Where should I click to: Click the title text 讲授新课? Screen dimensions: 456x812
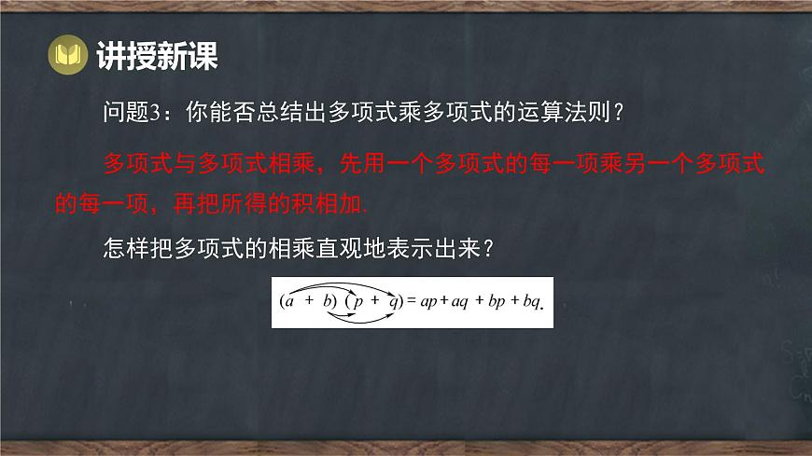click(157, 58)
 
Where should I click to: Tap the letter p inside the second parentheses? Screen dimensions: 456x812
click(358, 301)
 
